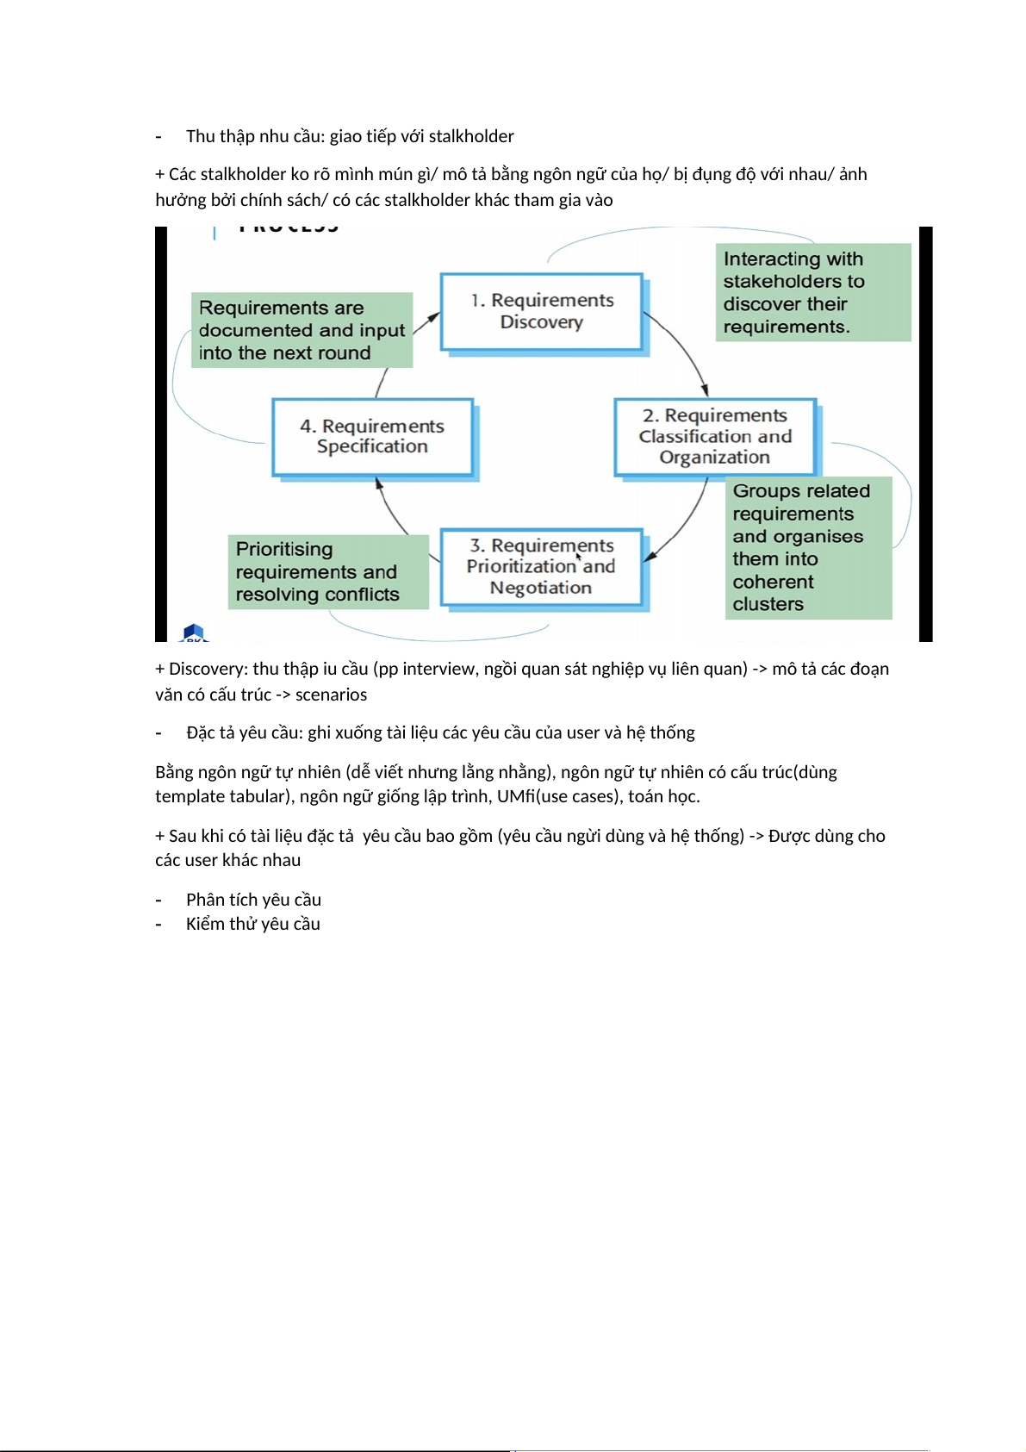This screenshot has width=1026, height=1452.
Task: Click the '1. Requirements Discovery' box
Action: coord(542,311)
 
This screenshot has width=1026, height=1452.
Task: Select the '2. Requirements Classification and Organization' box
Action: coord(714,436)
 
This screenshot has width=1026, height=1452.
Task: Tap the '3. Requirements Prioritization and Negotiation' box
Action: coord(541,566)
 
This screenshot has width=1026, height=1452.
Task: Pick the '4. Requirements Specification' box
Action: coord(372,436)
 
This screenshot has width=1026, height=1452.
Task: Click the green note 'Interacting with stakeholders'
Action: coord(812,292)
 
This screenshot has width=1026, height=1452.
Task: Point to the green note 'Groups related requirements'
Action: coord(808,547)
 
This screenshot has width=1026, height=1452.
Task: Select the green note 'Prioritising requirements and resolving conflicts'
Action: coord(327,571)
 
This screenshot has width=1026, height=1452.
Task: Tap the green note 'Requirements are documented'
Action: coord(302,330)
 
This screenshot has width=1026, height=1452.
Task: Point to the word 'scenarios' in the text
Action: coord(331,695)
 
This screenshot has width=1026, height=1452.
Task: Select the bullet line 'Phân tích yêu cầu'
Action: coord(253,900)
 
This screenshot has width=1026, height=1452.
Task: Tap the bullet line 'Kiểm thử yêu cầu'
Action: coord(253,924)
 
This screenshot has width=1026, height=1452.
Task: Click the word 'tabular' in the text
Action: coord(258,796)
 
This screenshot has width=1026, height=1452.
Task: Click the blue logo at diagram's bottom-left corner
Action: coord(194,633)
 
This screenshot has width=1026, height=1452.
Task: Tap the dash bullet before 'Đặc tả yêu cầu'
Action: coord(159,733)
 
